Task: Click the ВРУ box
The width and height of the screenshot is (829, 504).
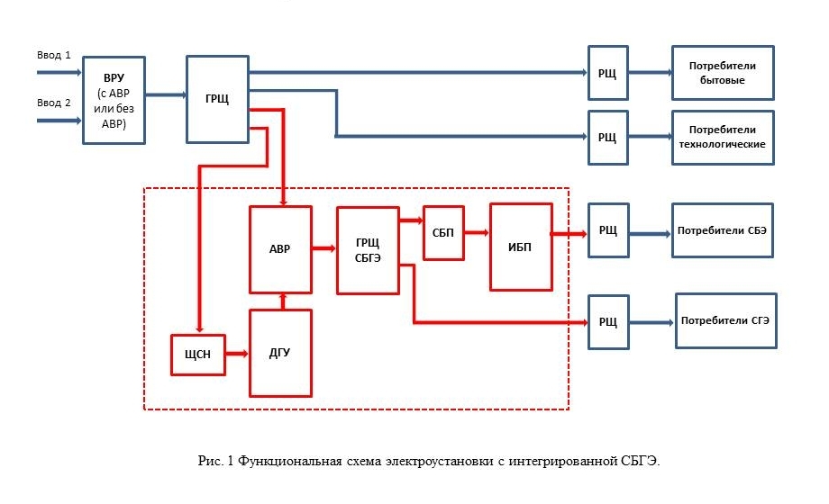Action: click(x=114, y=100)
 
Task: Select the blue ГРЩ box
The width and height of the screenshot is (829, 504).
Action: click(x=217, y=99)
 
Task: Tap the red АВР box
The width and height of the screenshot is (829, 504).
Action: click(x=280, y=249)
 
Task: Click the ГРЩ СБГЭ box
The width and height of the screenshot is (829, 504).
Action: click(x=368, y=250)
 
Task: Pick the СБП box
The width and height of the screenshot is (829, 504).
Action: click(x=443, y=233)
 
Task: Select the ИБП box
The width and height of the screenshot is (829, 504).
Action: click(x=521, y=247)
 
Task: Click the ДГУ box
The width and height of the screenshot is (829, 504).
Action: click(x=280, y=353)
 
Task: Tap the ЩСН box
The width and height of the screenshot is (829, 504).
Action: click(x=198, y=354)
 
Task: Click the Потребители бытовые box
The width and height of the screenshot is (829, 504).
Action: click(x=723, y=73)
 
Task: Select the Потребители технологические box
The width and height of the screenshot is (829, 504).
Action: click(x=723, y=138)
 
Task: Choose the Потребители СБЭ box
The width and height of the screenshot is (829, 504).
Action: click(x=723, y=231)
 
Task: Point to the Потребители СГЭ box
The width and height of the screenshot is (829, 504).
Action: click(x=725, y=320)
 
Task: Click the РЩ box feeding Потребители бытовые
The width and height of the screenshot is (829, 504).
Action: click(x=608, y=73)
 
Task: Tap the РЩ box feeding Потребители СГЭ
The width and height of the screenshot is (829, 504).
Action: click(x=608, y=321)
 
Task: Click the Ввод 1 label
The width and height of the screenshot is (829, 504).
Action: click(x=53, y=55)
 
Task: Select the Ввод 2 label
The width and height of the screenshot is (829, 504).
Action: click(x=53, y=103)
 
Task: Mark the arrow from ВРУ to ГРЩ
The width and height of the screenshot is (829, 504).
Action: click(x=166, y=94)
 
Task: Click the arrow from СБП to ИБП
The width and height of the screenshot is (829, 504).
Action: click(x=477, y=232)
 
